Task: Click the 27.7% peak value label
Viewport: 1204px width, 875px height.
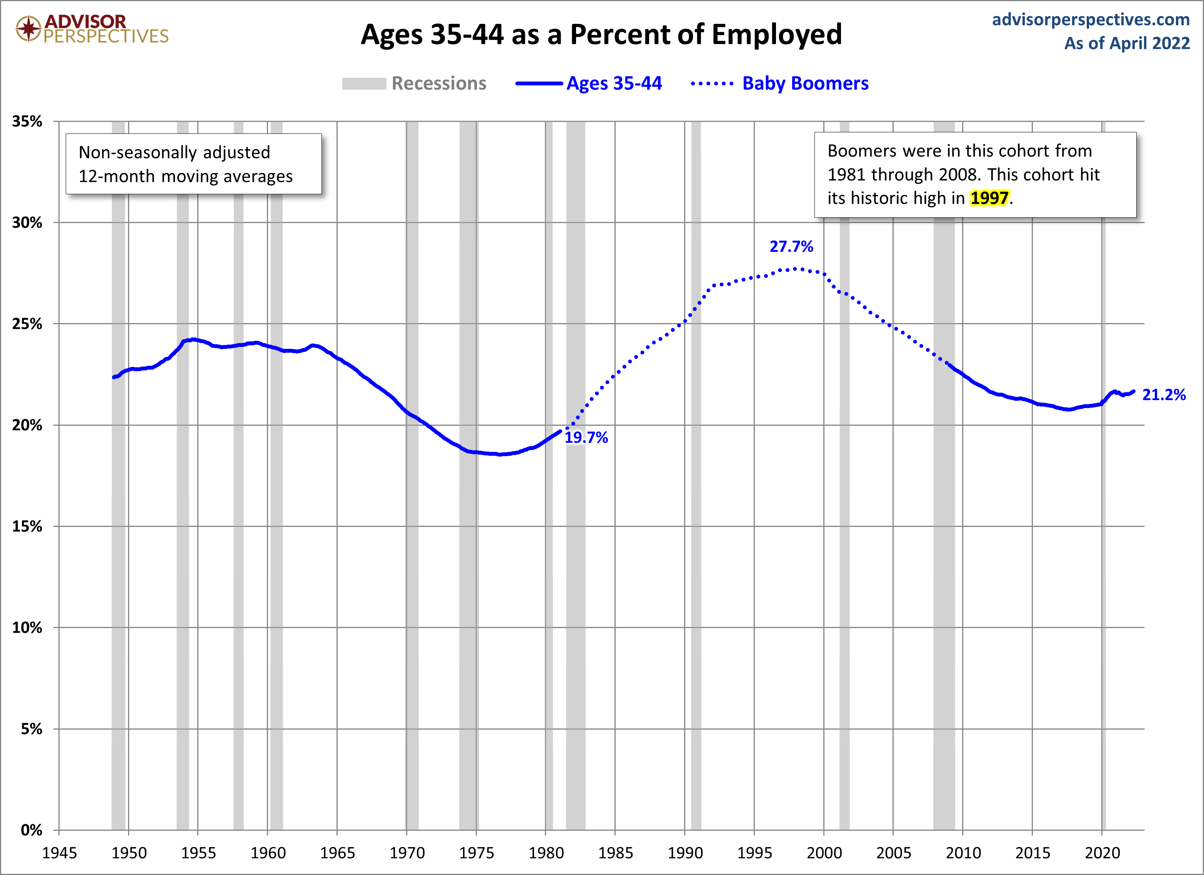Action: pyautogui.click(x=791, y=247)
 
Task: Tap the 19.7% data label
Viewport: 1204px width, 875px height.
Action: pyautogui.click(x=586, y=438)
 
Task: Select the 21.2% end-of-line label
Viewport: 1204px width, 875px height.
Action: pyautogui.click(x=1164, y=395)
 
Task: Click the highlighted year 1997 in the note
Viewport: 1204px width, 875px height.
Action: pyautogui.click(x=989, y=198)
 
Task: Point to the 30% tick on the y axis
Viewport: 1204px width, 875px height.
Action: pyautogui.click(x=27, y=222)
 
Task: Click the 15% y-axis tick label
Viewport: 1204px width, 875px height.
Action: pyautogui.click(x=27, y=526)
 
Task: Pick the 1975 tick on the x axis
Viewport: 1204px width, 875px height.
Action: pyautogui.click(x=476, y=853)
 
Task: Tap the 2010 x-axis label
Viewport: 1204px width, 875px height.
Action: pyautogui.click(x=963, y=853)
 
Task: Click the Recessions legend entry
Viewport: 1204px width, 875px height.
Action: pyautogui.click(x=414, y=83)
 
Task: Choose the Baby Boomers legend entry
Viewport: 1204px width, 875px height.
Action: pyautogui.click(x=779, y=83)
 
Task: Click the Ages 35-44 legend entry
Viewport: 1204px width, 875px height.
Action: pyautogui.click(x=589, y=83)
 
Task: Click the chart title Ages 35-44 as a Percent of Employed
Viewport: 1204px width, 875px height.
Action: pyautogui.click(x=601, y=35)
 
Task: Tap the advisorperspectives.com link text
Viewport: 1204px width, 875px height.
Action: pyautogui.click(x=1091, y=20)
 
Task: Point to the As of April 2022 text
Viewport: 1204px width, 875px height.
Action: pyautogui.click(x=1127, y=43)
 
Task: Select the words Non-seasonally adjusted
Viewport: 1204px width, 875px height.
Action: pyautogui.click(x=175, y=152)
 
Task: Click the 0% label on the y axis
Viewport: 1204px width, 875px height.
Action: pyautogui.click(x=31, y=830)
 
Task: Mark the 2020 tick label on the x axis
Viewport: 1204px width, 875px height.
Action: pyautogui.click(x=1102, y=853)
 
